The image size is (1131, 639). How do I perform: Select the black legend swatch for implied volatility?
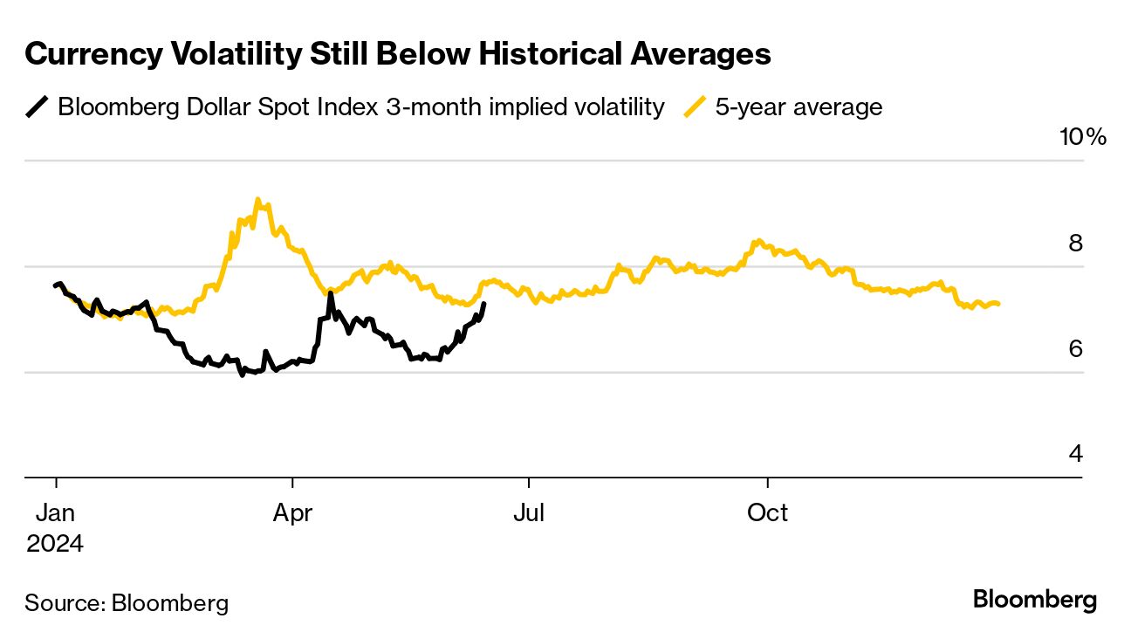coord(37,107)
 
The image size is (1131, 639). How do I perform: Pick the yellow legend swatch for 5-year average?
coord(695,107)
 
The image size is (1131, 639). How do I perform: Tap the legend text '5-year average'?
coord(799,107)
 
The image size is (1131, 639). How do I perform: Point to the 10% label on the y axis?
coord(1082,137)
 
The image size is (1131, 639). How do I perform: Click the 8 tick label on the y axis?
coord(1075,243)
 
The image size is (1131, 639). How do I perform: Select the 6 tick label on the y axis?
coord(1075,348)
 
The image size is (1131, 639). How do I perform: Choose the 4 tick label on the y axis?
coord(1075,454)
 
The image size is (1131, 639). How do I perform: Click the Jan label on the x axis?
coord(56,513)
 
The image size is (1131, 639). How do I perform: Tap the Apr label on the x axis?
coord(292,513)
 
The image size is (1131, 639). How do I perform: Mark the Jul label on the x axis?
coord(529,513)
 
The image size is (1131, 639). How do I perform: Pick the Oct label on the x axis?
coord(767,513)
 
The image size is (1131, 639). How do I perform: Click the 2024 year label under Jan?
coord(55,544)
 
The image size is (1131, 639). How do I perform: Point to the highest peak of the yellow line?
coord(257,199)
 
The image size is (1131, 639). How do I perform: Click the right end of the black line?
coord(484,304)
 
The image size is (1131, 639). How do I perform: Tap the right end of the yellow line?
coord(997,304)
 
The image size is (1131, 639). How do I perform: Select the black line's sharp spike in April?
coord(330,293)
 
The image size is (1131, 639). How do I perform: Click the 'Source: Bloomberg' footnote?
coord(127,602)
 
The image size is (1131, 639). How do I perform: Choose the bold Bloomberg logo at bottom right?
coord(1034,601)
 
